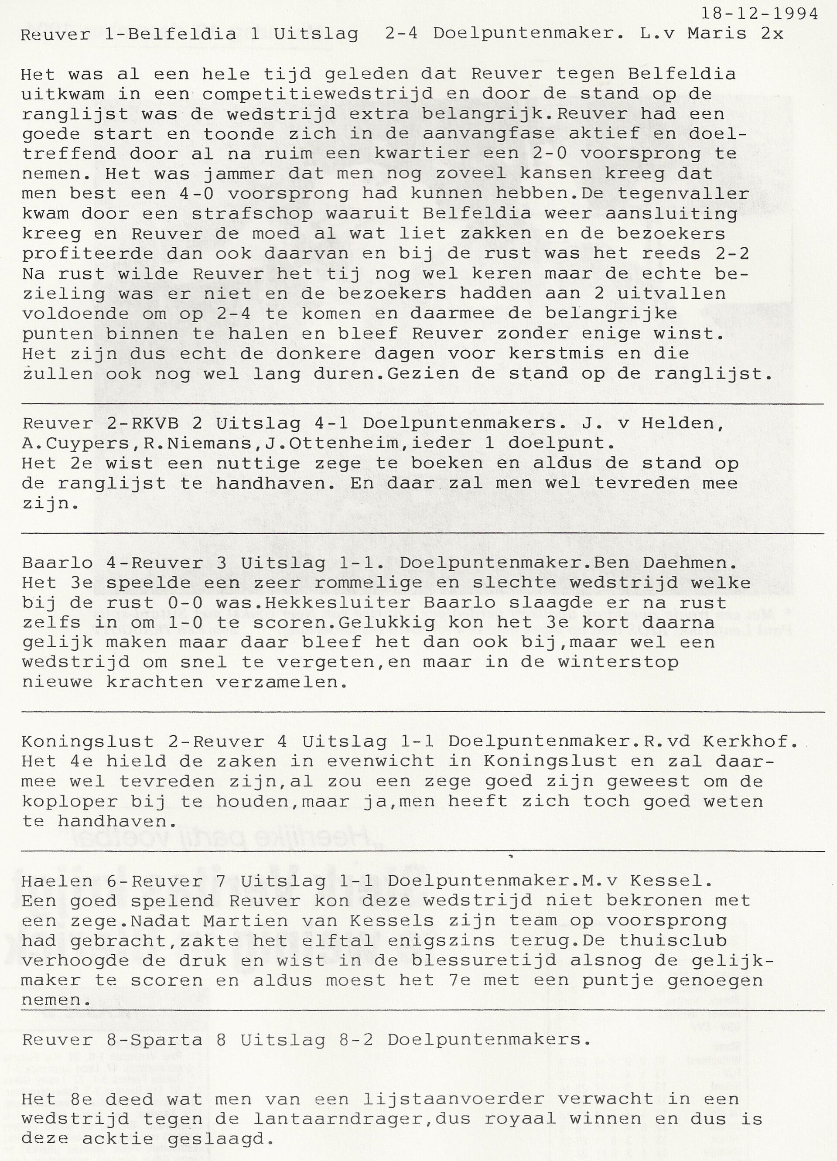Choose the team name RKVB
click(178, 424)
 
